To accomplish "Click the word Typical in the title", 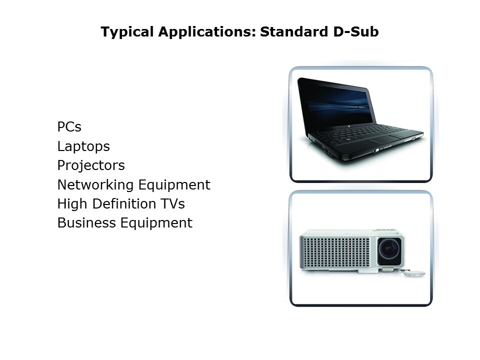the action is click(x=127, y=32).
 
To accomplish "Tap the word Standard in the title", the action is click(x=294, y=31).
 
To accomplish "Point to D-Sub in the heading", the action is click(x=355, y=31).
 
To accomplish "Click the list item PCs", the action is click(x=69, y=126).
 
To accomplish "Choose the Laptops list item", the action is click(x=83, y=146).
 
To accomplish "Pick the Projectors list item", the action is click(x=91, y=165).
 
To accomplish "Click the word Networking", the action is click(x=95, y=185).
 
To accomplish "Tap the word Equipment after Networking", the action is click(x=174, y=185).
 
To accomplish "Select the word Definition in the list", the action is click(x=124, y=204).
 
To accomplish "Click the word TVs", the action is click(x=172, y=204).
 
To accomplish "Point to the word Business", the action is click(x=86, y=223).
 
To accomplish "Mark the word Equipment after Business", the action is click(x=156, y=223).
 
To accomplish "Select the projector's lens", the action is click(x=389, y=248).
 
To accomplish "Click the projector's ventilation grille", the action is click(x=335, y=252).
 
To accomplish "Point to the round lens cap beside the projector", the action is click(x=414, y=273).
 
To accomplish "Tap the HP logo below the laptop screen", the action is click(x=348, y=126).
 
